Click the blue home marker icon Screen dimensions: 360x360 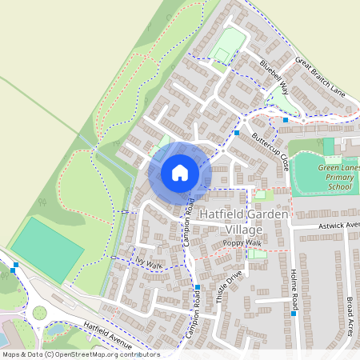tap(180, 173)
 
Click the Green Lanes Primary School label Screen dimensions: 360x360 tap(338, 178)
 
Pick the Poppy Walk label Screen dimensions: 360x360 tap(242, 242)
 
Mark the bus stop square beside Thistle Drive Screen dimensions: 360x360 tap(197, 287)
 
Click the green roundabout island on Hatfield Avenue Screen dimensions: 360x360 tap(38, 312)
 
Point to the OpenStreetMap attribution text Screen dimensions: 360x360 tap(80, 354)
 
